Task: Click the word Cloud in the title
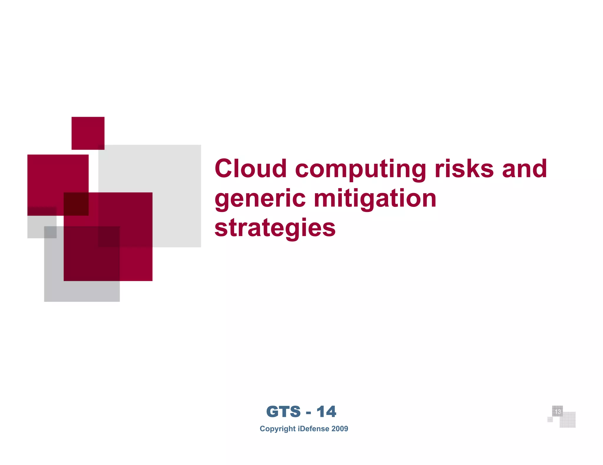coord(251,168)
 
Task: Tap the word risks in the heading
coord(464,168)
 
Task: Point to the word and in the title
coord(524,168)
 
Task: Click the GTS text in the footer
coord(283,412)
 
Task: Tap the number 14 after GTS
coord(326,412)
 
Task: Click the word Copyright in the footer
coord(277,429)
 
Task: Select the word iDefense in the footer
coord(314,429)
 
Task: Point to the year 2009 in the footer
coord(340,429)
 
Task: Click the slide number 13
coord(557,412)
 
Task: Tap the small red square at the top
coord(88,133)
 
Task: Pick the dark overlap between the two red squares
coord(76,204)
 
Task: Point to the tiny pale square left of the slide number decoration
coord(550,419)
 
